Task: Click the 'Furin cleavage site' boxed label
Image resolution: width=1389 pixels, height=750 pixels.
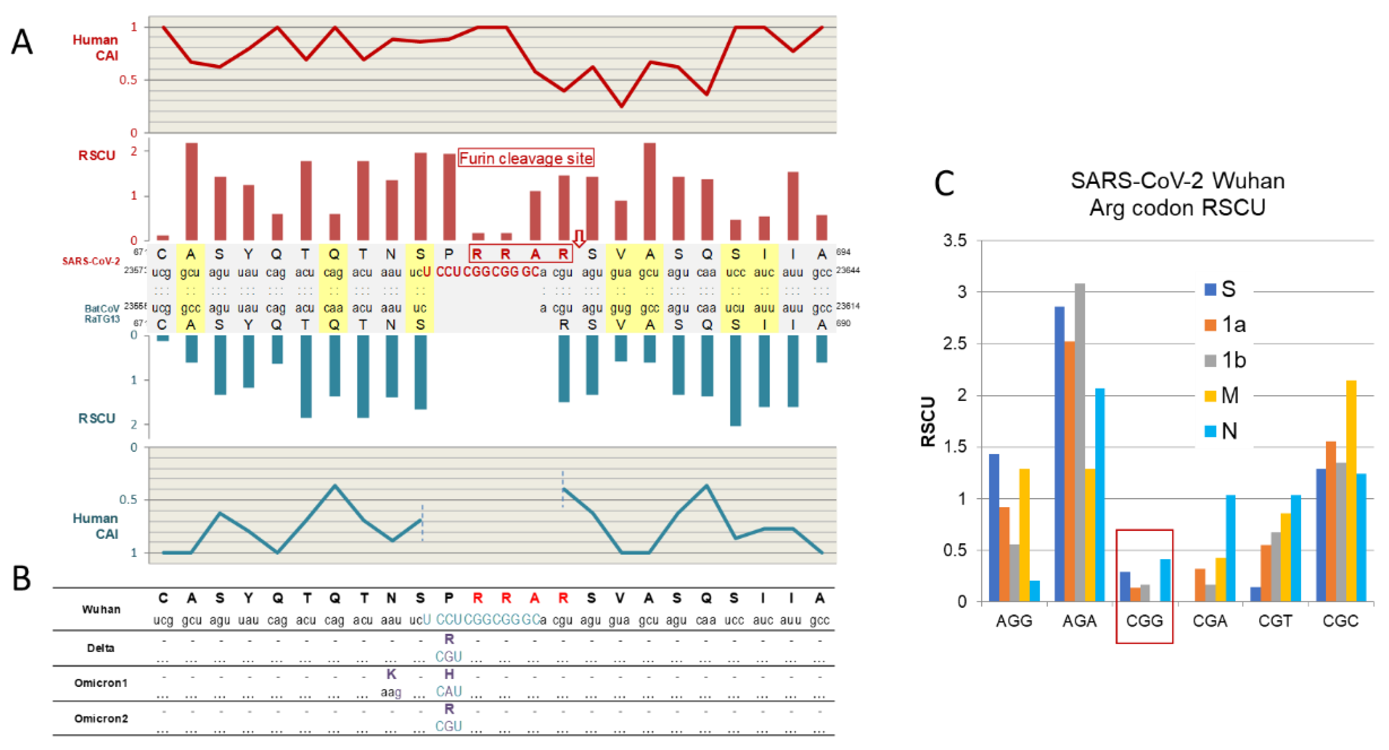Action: click(526, 158)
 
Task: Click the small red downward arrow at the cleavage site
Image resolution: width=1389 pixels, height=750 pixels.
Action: click(579, 238)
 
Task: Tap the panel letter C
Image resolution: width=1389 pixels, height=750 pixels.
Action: click(944, 183)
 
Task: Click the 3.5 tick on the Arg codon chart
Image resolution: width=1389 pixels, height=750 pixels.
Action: click(955, 240)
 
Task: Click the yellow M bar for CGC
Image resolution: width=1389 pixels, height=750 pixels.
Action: click(1351, 491)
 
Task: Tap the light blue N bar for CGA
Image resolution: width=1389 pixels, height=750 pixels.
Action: click(1230, 548)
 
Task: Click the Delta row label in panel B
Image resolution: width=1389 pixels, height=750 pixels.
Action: click(101, 648)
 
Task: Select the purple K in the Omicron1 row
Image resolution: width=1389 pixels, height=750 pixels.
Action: click(391, 674)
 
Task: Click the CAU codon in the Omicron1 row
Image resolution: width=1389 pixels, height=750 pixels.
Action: click(449, 691)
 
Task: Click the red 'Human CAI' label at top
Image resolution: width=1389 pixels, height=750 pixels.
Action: click(95, 47)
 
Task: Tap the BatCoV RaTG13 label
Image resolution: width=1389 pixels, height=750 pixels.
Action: click(102, 314)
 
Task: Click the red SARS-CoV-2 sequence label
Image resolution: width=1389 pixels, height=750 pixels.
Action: click(90, 261)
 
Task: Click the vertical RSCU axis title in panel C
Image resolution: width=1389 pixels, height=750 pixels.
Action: click(928, 422)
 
